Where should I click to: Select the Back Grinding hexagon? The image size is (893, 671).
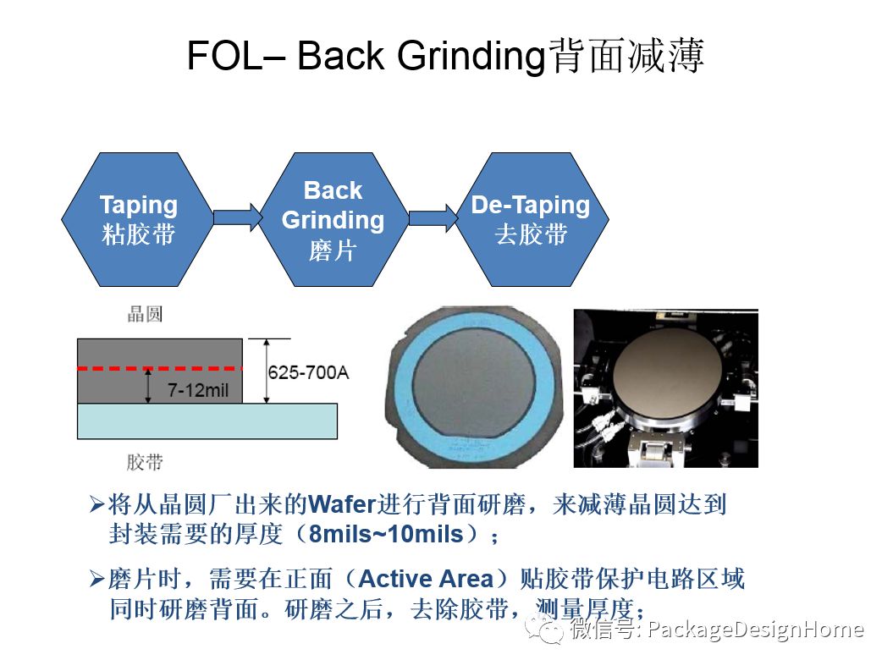click(x=333, y=219)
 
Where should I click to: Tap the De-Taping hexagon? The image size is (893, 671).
click(x=531, y=219)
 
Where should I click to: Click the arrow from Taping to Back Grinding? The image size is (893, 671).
click(x=238, y=218)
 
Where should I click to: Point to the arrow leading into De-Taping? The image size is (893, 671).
click(x=433, y=218)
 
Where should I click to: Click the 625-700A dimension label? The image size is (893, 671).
click(x=308, y=372)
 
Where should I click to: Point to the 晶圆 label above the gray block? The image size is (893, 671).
click(x=144, y=316)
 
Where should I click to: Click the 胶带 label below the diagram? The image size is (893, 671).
click(x=144, y=462)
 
